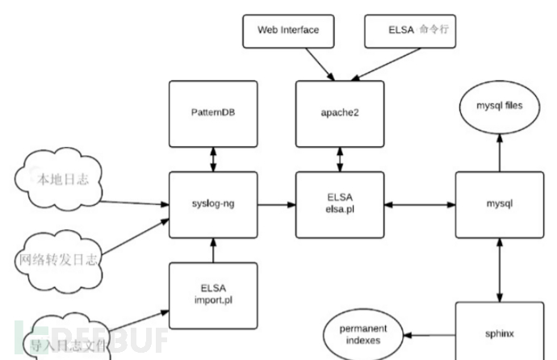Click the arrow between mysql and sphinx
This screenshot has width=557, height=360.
tap(499, 270)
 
